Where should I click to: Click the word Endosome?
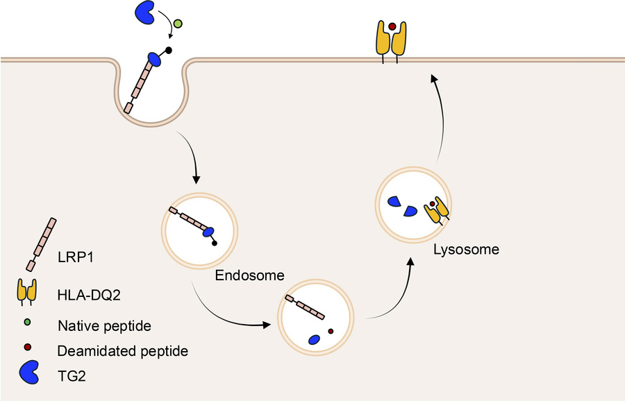click(249, 275)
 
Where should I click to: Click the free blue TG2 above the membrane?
click(143, 12)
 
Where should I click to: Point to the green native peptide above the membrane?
click(178, 24)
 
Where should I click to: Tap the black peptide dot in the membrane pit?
click(167, 51)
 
